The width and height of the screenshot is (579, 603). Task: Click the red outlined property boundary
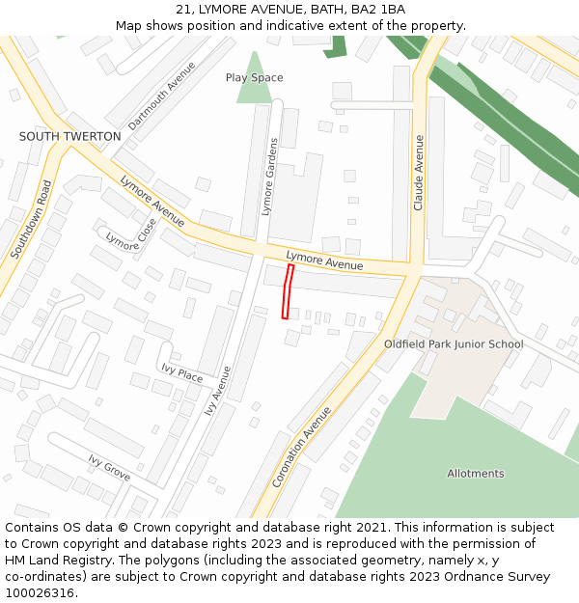tap(288, 290)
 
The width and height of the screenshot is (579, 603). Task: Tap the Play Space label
tap(254, 77)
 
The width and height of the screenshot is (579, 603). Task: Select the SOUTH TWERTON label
tap(70, 137)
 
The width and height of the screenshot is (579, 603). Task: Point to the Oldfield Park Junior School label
tap(454, 344)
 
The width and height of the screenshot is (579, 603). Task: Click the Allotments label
tap(475, 474)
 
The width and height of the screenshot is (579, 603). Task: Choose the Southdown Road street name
tap(31, 218)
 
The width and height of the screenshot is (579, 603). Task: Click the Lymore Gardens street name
tap(269, 176)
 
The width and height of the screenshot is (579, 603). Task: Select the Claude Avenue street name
tap(418, 173)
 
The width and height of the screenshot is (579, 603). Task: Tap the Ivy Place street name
tap(182, 373)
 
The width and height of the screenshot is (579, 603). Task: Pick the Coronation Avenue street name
tap(301, 447)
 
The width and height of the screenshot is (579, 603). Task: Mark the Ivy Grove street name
tap(109, 468)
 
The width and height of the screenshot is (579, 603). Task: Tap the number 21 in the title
tap(183, 10)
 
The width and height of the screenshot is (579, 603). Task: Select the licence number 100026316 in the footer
tap(40, 593)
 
